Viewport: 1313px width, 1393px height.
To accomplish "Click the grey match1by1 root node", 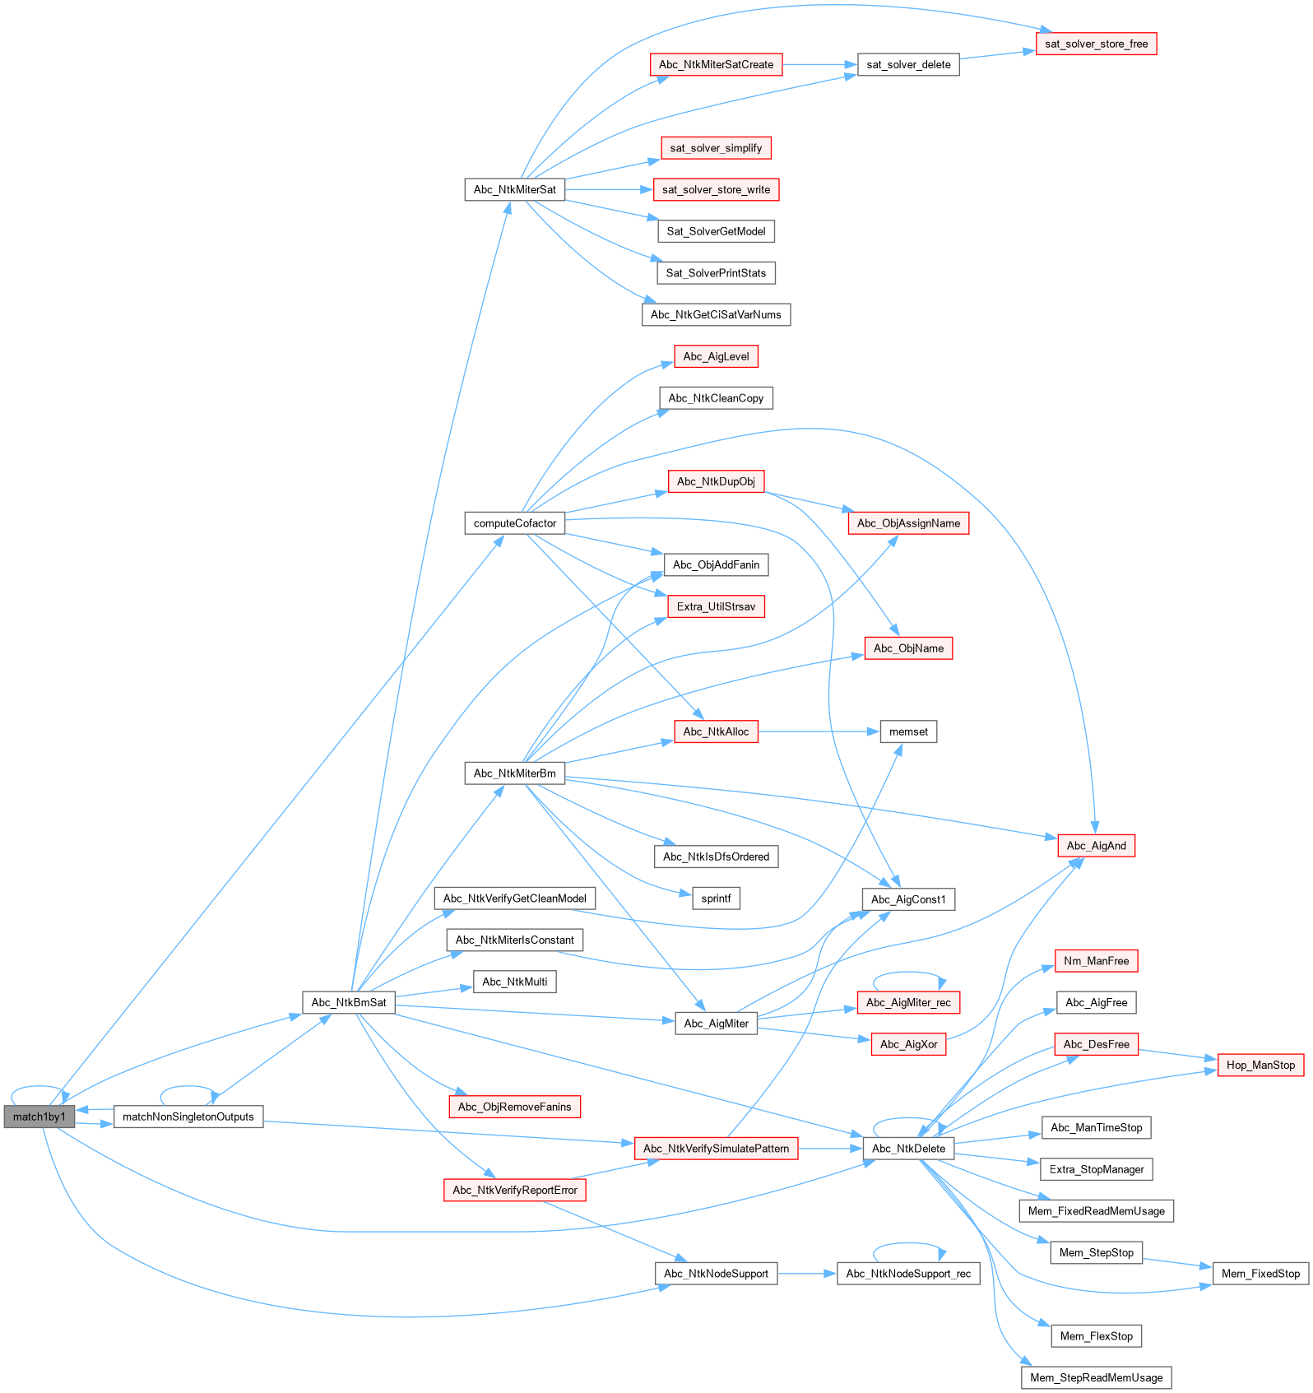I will [39, 1117].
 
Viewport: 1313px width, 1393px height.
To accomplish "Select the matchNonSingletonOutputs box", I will [188, 1117].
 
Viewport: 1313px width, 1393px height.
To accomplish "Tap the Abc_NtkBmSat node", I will [349, 1002].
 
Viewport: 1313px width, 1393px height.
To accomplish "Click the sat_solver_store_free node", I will [1096, 44].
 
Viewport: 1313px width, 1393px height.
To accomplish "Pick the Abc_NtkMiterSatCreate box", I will [716, 64].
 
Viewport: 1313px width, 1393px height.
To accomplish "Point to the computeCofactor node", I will [515, 522].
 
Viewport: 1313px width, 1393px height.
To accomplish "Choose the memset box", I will [908, 731].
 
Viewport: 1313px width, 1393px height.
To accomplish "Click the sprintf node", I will [716, 898].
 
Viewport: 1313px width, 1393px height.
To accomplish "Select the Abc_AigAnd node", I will [1096, 845].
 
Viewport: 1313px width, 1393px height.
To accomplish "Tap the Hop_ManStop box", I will [1260, 1065].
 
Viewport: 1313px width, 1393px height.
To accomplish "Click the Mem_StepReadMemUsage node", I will [1096, 1377].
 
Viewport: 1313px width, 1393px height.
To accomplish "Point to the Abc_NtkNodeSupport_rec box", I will [908, 1274].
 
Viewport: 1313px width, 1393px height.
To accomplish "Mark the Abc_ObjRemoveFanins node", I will [515, 1107].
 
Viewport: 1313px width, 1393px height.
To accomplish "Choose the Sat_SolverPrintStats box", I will [716, 272].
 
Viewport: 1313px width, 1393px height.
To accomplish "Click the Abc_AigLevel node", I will [716, 356].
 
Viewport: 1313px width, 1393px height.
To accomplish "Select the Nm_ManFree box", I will [1096, 960].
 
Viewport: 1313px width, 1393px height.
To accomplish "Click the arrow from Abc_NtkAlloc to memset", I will [819, 731].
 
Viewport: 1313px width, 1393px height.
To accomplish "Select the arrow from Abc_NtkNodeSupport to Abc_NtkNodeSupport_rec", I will [806, 1274].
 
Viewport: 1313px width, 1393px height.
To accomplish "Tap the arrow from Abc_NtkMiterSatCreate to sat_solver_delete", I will [819, 64].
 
